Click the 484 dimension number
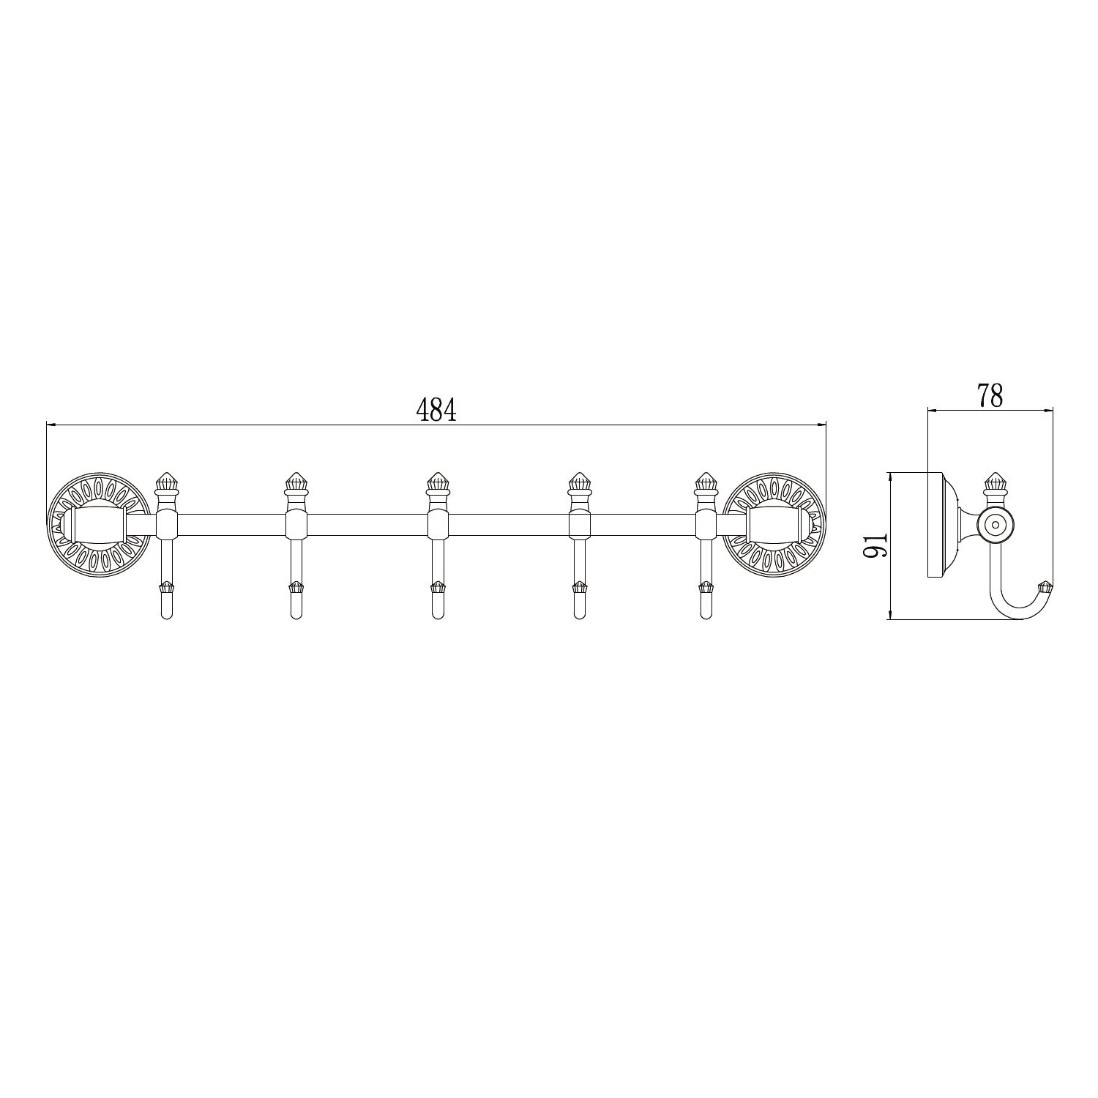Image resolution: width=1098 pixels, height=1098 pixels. point(436,411)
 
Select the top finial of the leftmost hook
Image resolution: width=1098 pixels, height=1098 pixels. point(166,482)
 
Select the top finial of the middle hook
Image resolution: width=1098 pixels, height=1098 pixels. point(437,482)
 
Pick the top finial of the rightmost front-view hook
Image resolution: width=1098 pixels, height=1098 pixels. point(705,482)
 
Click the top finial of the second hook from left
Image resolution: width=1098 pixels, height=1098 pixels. point(295,482)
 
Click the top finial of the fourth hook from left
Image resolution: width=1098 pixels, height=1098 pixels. point(579,482)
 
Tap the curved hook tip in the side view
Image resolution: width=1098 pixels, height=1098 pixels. point(1045,586)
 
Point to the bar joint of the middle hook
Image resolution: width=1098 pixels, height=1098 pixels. point(437,525)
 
